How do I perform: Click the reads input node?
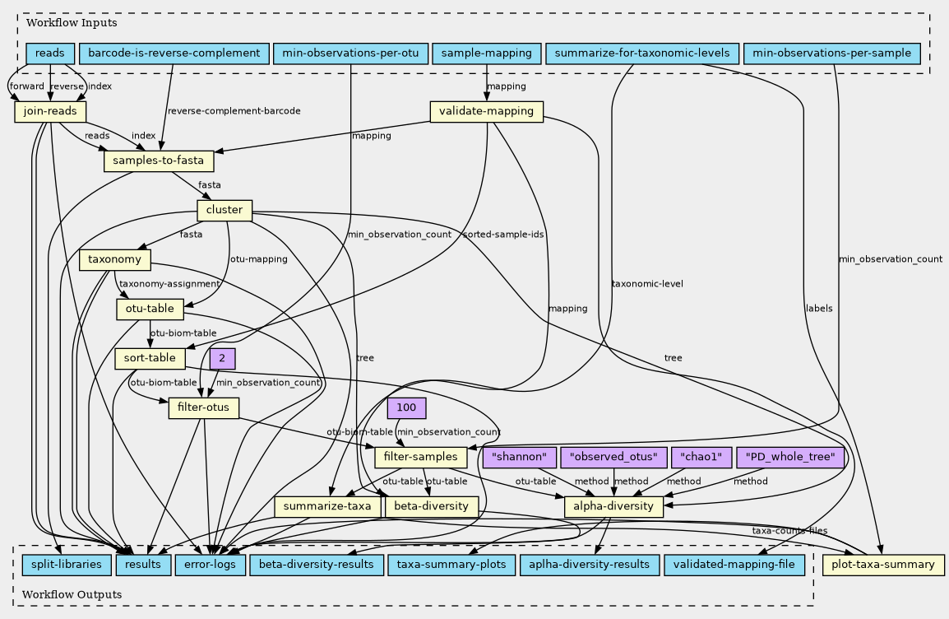pyautogui.click(x=51, y=54)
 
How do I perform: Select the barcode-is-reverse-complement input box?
pyautogui.click(x=174, y=54)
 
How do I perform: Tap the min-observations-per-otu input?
pyautogui.click(x=350, y=54)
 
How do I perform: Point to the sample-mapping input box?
pyautogui.click(x=486, y=54)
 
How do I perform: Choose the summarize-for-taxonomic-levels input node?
pyautogui.click(x=642, y=54)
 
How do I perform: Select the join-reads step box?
pyautogui.click(x=51, y=111)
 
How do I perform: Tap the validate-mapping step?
pyautogui.click(x=487, y=111)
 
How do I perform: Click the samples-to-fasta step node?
pyautogui.click(x=159, y=161)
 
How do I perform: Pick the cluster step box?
pyautogui.click(x=225, y=211)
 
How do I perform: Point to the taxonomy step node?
pyautogui.click(x=115, y=261)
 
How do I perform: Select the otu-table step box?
pyautogui.click(x=150, y=309)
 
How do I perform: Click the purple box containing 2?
pyautogui.click(x=222, y=358)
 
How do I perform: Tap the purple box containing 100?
pyautogui.click(x=405, y=407)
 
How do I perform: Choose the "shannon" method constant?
pyautogui.click(x=519, y=457)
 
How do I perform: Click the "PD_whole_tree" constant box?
pyautogui.click(x=790, y=457)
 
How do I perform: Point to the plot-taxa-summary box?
pyautogui.click(x=883, y=565)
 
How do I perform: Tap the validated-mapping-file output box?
pyautogui.click(x=734, y=565)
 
